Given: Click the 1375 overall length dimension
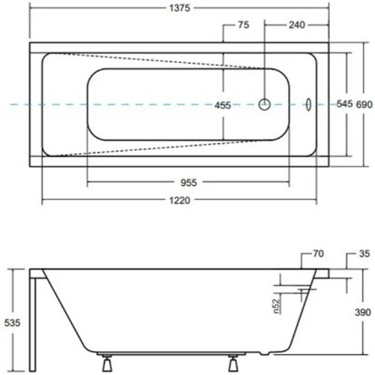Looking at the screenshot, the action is tap(180, 8).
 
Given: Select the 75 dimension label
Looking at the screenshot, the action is tap(244, 25).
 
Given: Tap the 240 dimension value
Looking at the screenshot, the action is tap(297, 25).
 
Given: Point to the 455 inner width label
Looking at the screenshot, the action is tap(223, 105).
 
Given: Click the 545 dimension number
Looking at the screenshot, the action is tap(344, 103).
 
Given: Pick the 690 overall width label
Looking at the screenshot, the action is tap(364, 104).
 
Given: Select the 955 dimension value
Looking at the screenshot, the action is tap(189, 183).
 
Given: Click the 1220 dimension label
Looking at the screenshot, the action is tap(180, 200).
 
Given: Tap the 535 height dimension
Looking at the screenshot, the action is tap(12, 322).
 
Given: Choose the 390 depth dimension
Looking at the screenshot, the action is tap(363, 312).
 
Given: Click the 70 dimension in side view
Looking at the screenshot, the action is tap(318, 253).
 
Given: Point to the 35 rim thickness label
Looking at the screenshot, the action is tap(364, 253).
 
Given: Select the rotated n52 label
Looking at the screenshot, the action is tap(276, 306).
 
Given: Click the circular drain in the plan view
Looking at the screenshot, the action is tap(265, 104).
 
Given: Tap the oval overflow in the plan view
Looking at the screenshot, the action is tap(309, 104).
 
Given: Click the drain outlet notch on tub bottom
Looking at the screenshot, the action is tap(264, 353).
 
